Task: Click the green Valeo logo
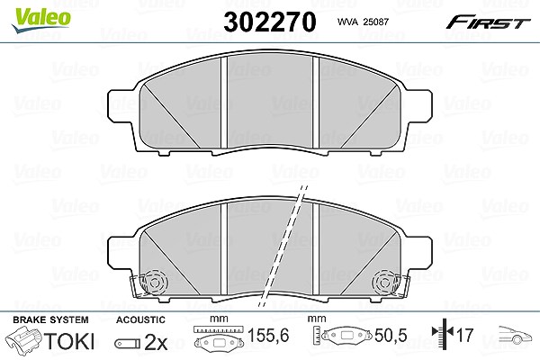pos(40,20)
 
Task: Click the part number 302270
pos(270,22)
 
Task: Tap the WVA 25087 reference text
pos(363,22)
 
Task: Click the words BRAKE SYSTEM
pos(50,319)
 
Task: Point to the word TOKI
pos(69,341)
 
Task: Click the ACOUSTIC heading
pos(140,319)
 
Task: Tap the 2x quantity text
pos(156,342)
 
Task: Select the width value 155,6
pos(268,335)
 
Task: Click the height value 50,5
pos(391,335)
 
